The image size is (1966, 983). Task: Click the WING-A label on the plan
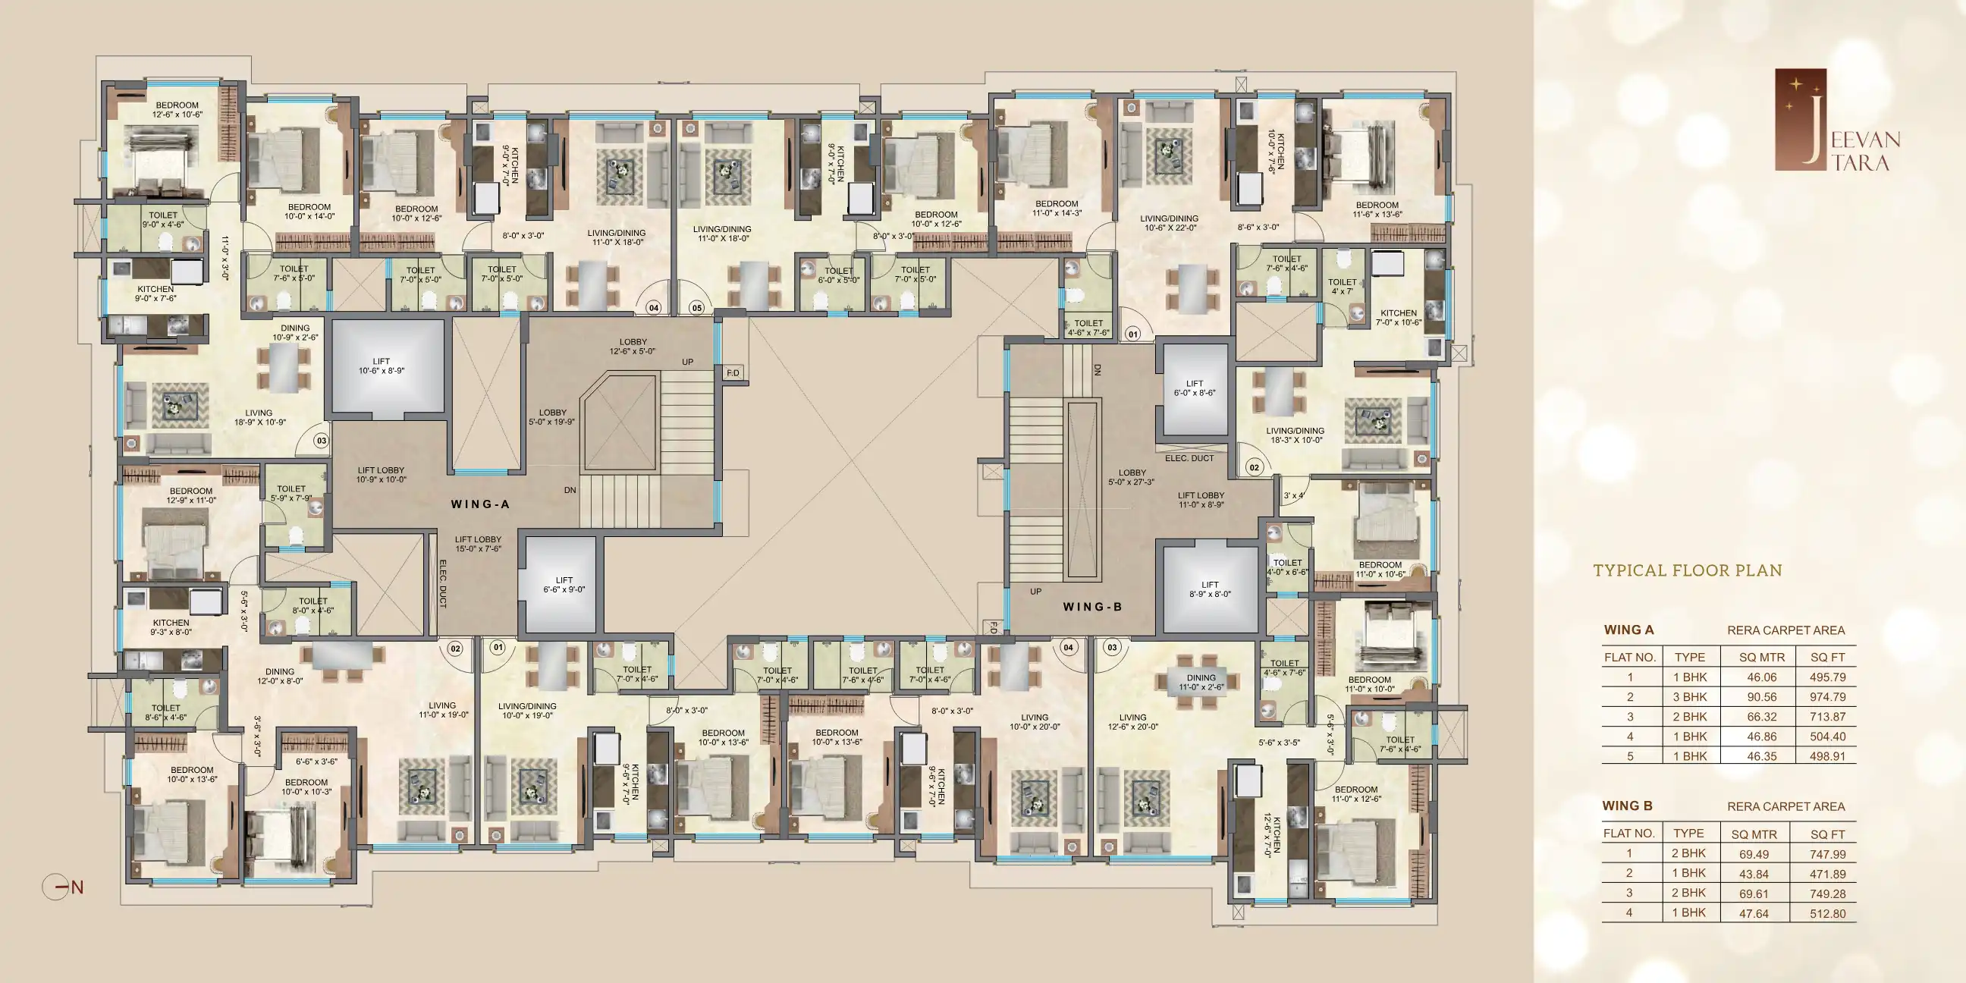[479, 504]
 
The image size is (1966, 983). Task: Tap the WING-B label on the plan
[1092, 607]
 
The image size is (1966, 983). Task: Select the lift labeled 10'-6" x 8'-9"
[388, 369]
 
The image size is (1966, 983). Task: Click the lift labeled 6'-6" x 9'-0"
[561, 584]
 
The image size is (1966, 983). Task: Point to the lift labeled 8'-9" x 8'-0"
[1210, 589]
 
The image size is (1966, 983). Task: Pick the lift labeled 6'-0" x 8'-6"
[1195, 388]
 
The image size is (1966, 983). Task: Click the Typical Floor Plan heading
[1688, 570]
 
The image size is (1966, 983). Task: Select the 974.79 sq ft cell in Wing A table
[1827, 697]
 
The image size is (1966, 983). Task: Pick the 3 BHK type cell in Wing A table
[1691, 697]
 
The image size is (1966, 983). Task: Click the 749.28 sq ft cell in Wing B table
[1827, 893]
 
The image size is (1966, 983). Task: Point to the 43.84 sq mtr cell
[1754, 874]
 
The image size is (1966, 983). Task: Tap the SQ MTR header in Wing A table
[1761, 657]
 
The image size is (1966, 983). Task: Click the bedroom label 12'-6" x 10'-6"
[177, 110]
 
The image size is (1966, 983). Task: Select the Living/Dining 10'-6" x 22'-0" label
[1170, 223]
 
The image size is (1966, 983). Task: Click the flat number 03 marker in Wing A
[322, 441]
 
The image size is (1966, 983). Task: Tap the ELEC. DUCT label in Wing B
[1189, 458]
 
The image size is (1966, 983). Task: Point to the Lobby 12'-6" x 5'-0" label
[633, 347]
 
